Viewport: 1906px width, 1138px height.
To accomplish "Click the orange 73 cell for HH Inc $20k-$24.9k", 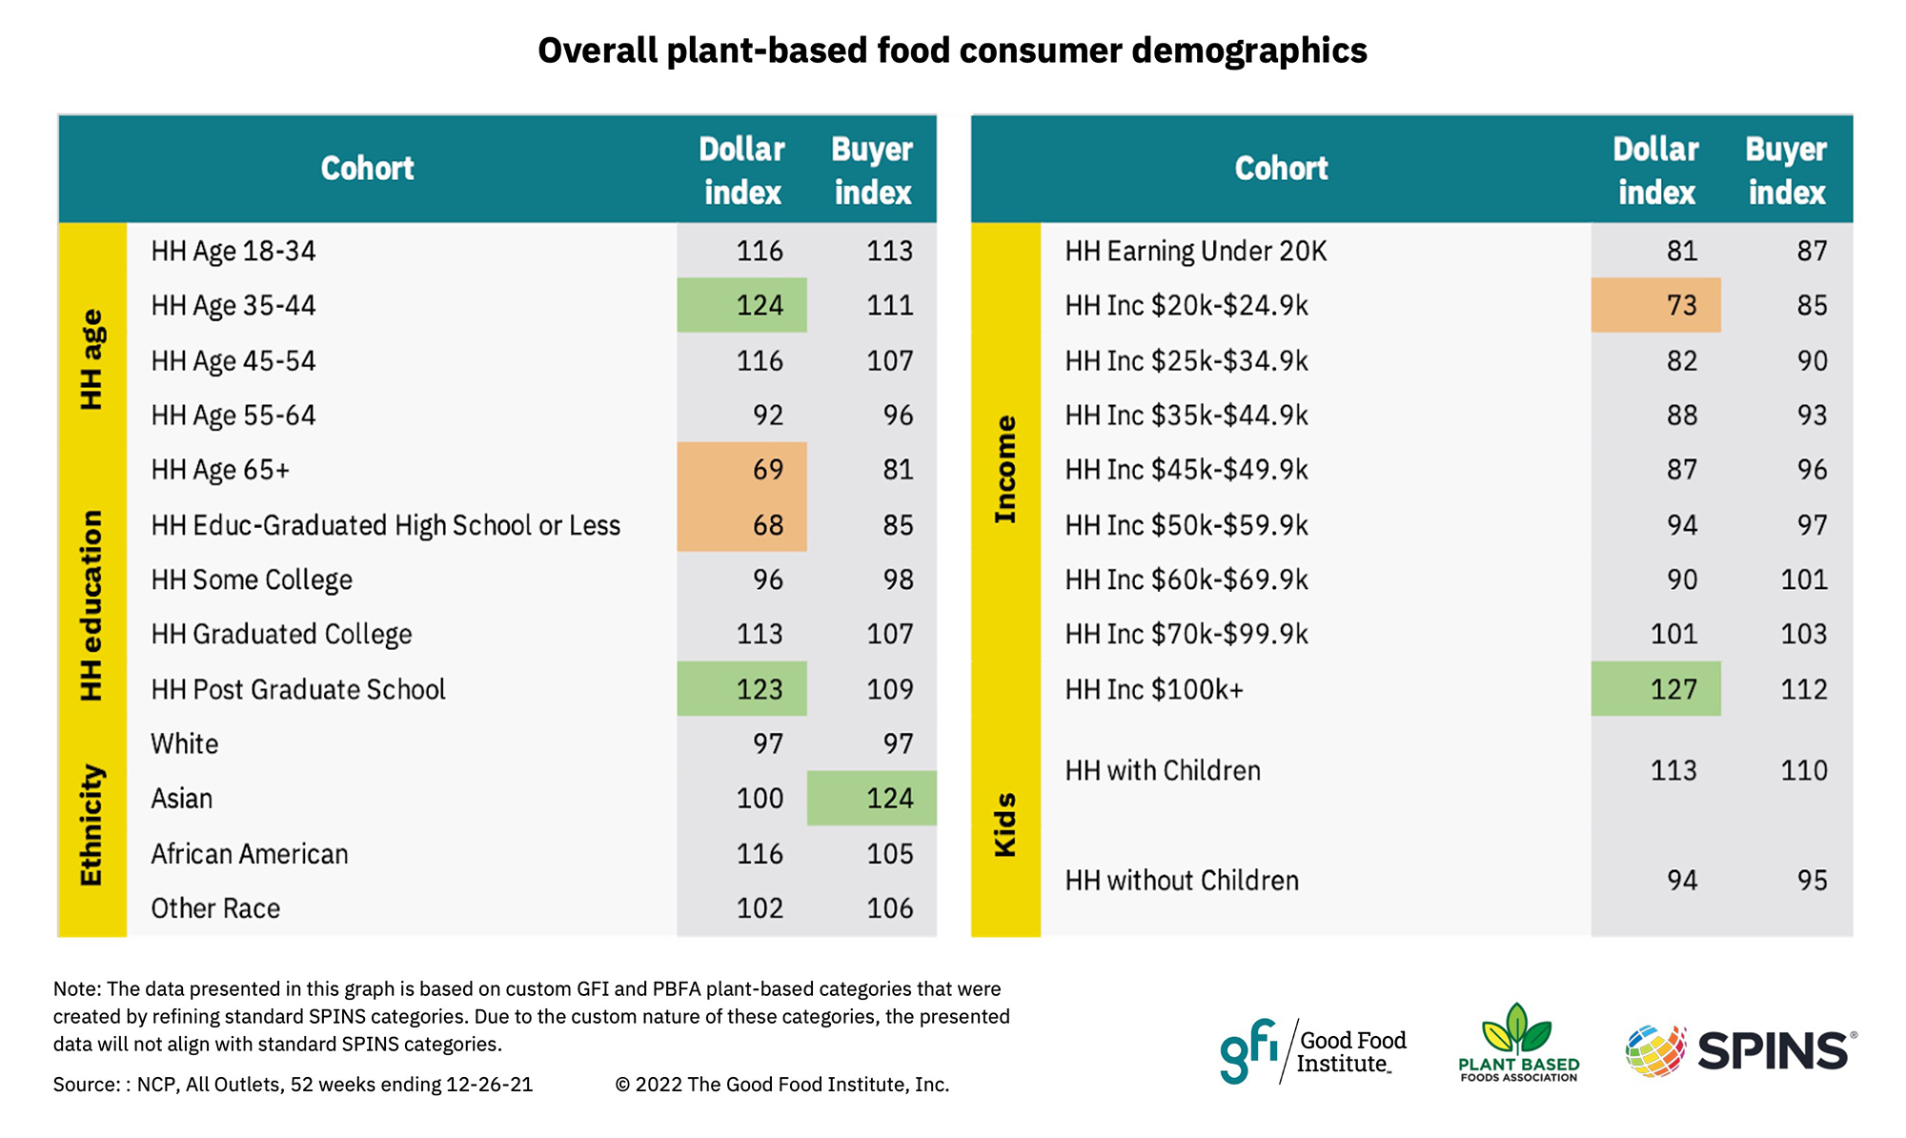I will click(x=1656, y=305).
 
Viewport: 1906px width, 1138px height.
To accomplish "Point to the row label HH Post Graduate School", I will click(x=298, y=689).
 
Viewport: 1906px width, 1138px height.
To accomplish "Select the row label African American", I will click(x=250, y=854).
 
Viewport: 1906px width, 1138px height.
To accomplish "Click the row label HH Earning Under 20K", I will click(x=1195, y=251).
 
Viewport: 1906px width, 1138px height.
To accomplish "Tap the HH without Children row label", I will click(x=1182, y=880).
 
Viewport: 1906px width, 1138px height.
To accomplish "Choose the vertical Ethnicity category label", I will click(x=91, y=824).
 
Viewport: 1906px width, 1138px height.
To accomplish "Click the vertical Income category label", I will click(x=1005, y=470).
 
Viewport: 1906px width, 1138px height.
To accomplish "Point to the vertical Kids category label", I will click(x=1005, y=824).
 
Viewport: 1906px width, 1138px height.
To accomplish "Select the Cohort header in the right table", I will click(x=1281, y=169).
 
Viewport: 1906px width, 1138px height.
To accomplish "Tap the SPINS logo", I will click(x=1741, y=1050).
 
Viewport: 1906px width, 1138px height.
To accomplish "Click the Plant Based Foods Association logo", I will click(x=1518, y=1044).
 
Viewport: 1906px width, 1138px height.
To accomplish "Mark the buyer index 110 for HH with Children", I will click(x=1803, y=770).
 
